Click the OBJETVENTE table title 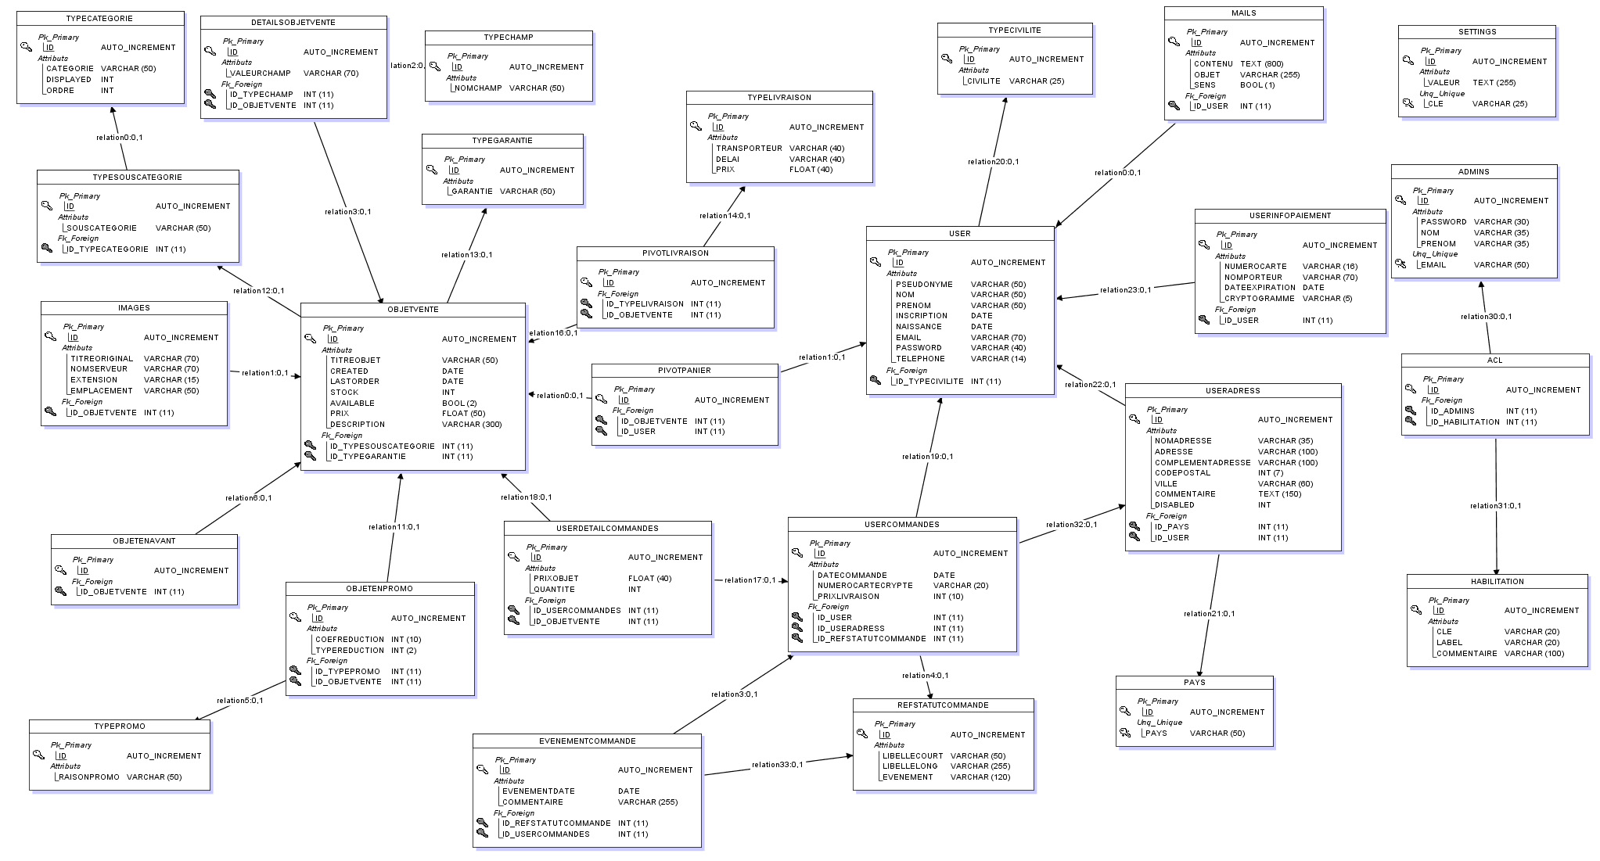413,310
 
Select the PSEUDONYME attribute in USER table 924,285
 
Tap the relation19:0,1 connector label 927,457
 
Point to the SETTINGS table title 1477,32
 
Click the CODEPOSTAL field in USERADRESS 1182,473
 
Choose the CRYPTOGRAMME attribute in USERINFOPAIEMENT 1259,299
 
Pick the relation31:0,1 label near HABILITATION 1495,506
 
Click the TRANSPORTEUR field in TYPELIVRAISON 749,149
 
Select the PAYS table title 1194,683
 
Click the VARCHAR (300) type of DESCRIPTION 472,425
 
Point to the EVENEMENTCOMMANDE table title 587,741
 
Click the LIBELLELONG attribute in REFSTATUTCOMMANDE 909,766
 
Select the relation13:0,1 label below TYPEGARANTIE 466,255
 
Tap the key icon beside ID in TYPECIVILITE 946,59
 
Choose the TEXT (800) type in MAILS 1261,64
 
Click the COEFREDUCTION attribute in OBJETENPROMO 349,640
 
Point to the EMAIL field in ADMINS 1433,265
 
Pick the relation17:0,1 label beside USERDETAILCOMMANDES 750,580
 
